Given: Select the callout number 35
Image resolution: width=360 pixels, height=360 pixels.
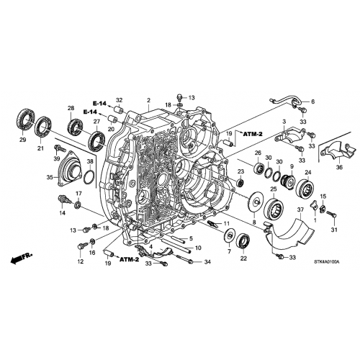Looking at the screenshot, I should coord(50,176).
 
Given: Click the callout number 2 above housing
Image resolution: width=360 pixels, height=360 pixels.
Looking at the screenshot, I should coord(148,100).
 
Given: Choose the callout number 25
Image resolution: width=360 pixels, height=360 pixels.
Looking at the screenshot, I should coord(273,189).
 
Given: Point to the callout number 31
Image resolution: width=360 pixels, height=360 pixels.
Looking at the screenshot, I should coord(333,230).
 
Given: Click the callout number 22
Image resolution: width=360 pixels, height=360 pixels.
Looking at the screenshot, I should coord(243,258).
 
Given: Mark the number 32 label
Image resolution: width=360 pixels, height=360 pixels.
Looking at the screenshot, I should coord(120,100).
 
